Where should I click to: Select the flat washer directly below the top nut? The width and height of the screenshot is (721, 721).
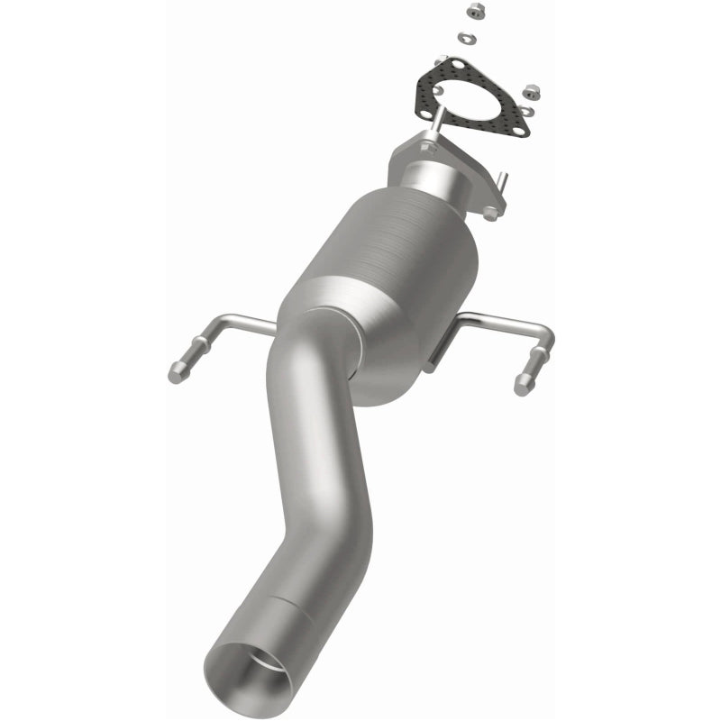point(465,38)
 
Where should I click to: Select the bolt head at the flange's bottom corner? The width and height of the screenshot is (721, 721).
point(488,214)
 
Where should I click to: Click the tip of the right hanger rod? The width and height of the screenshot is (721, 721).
point(523,385)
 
